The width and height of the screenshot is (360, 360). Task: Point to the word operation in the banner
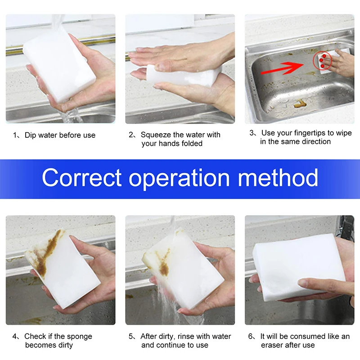click(x=180, y=178)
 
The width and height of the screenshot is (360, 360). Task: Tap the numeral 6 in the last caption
click(x=250, y=337)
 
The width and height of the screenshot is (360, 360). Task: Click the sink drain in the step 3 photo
click(x=298, y=104)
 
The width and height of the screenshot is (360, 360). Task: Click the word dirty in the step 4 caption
click(x=63, y=345)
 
